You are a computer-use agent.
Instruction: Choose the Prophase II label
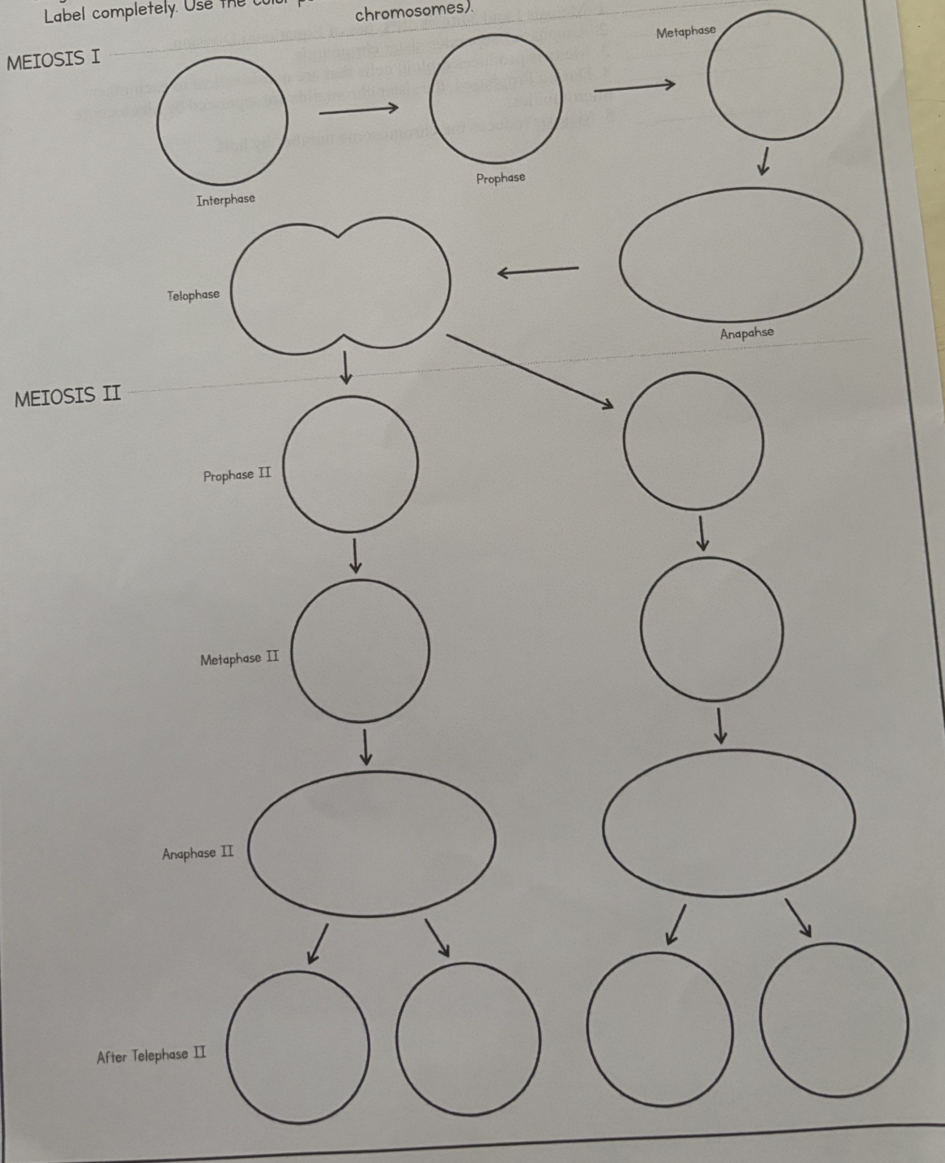point(237,475)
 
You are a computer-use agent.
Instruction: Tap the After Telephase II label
point(151,1055)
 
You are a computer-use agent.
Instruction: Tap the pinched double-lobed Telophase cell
point(340,286)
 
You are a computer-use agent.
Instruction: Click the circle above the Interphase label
point(222,121)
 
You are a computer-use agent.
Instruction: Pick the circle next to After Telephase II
point(298,1047)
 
